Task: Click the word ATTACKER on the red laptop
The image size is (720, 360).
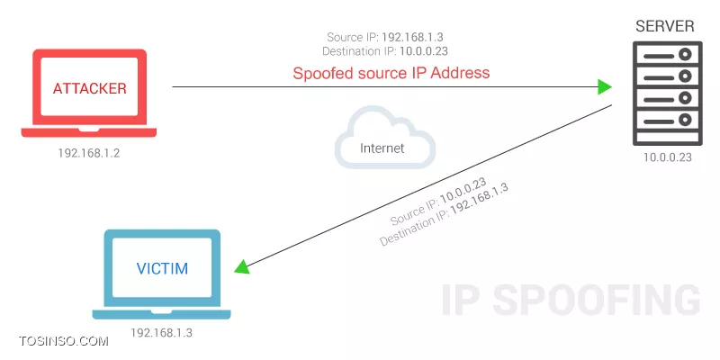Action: pos(89,88)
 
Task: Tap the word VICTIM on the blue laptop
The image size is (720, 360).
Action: pos(162,268)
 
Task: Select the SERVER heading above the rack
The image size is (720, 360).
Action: pos(665,26)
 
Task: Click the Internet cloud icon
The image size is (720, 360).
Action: pos(385,137)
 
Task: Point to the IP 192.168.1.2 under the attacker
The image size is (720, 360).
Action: pos(89,153)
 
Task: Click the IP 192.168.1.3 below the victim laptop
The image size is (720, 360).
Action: pos(161,332)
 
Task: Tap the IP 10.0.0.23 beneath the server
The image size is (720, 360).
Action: pos(667,157)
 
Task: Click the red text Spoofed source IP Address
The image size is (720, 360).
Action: pos(391,73)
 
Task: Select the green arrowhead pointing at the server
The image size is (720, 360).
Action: pos(604,86)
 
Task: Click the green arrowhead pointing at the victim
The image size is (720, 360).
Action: pos(242,266)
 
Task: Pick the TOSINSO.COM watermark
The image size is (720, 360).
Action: pos(64,341)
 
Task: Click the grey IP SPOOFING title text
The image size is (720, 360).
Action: pos(571,300)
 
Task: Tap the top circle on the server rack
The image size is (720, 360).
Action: pos(685,55)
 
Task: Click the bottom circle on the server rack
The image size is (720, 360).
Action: pos(685,121)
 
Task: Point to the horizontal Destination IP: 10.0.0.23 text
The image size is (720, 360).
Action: pos(385,51)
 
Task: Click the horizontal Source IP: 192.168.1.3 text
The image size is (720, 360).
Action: pos(385,37)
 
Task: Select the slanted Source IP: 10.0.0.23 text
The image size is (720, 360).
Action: pos(438,202)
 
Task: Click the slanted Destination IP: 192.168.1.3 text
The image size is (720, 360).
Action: pos(444,215)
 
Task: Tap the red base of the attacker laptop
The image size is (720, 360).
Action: pos(89,132)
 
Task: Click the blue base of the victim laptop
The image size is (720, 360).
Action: pos(162,314)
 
